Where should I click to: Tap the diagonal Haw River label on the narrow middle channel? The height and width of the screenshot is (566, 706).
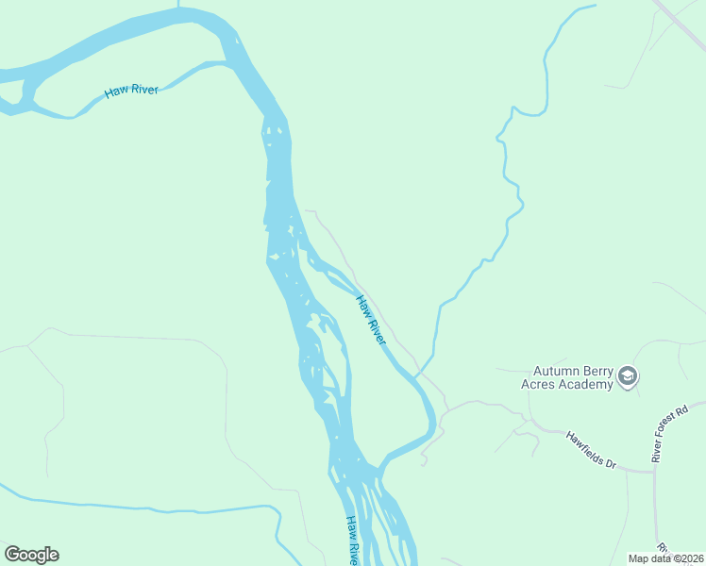[x=371, y=319]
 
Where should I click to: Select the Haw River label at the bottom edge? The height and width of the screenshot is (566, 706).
[x=350, y=541]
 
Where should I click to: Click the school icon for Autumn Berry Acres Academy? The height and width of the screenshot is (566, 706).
[x=628, y=377]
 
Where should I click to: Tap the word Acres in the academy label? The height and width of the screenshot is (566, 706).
[x=539, y=384]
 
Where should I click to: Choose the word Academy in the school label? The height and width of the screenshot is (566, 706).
[x=585, y=384]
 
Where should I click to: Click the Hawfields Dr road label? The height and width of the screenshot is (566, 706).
[x=591, y=451]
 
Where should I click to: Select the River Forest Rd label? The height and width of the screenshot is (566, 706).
[x=673, y=431]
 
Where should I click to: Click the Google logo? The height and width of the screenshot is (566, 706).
[x=31, y=555]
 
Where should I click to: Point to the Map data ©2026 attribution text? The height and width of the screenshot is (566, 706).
[x=665, y=558]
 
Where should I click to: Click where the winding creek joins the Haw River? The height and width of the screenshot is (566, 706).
[x=415, y=376]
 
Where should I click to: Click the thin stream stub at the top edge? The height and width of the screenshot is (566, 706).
[x=177, y=4]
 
